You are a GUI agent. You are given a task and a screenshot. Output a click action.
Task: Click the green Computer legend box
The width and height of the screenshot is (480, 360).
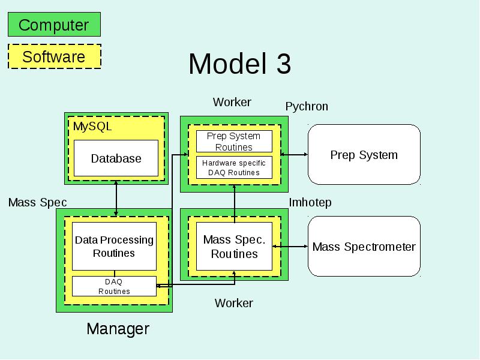pyautogui.click(x=54, y=25)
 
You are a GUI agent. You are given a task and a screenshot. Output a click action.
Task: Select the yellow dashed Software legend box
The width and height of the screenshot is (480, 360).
pyautogui.click(x=55, y=56)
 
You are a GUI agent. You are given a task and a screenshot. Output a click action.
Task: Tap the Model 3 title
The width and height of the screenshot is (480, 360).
pyautogui.click(x=239, y=64)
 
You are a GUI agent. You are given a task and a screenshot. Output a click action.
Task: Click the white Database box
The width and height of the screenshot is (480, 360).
pyautogui.click(x=116, y=158)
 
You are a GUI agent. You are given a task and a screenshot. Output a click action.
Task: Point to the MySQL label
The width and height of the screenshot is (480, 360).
pyautogui.click(x=92, y=127)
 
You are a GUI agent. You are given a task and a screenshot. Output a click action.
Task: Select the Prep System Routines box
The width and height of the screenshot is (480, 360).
pyautogui.click(x=234, y=142)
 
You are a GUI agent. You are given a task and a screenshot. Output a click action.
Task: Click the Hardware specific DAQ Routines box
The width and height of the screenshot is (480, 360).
pyautogui.click(x=234, y=167)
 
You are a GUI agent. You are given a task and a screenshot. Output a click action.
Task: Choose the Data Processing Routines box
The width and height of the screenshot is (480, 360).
pyautogui.click(x=114, y=246)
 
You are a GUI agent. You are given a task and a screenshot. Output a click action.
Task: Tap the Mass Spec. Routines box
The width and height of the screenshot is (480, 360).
pyautogui.click(x=234, y=247)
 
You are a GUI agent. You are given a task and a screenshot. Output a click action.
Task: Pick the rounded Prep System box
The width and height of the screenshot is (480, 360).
pyautogui.click(x=364, y=155)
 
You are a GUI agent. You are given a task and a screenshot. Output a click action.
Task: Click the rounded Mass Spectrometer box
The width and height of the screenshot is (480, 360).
pyautogui.click(x=364, y=247)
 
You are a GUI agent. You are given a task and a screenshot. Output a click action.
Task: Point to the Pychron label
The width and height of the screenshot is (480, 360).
pyautogui.click(x=307, y=107)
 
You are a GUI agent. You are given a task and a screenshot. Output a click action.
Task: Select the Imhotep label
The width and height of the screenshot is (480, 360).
pyautogui.click(x=310, y=202)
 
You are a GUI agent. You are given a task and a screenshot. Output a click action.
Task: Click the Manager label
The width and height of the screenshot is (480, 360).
pyautogui.click(x=118, y=329)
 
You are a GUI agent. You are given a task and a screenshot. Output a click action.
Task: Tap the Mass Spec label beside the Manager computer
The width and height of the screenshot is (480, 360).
pyautogui.click(x=37, y=202)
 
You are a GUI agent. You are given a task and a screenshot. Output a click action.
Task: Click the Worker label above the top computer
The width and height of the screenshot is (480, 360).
pyautogui.click(x=232, y=102)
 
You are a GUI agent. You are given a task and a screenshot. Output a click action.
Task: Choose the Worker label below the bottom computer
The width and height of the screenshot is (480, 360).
pyautogui.click(x=234, y=303)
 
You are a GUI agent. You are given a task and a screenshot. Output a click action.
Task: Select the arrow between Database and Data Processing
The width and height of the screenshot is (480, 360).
pyautogui.click(x=116, y=199)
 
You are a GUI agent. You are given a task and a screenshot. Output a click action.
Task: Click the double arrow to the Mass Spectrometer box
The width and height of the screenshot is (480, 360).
pyautogui.click(x=290, y=246)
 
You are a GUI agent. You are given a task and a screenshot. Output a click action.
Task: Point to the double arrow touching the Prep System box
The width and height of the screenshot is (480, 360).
pyautogui.click(x=294, y=155)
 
